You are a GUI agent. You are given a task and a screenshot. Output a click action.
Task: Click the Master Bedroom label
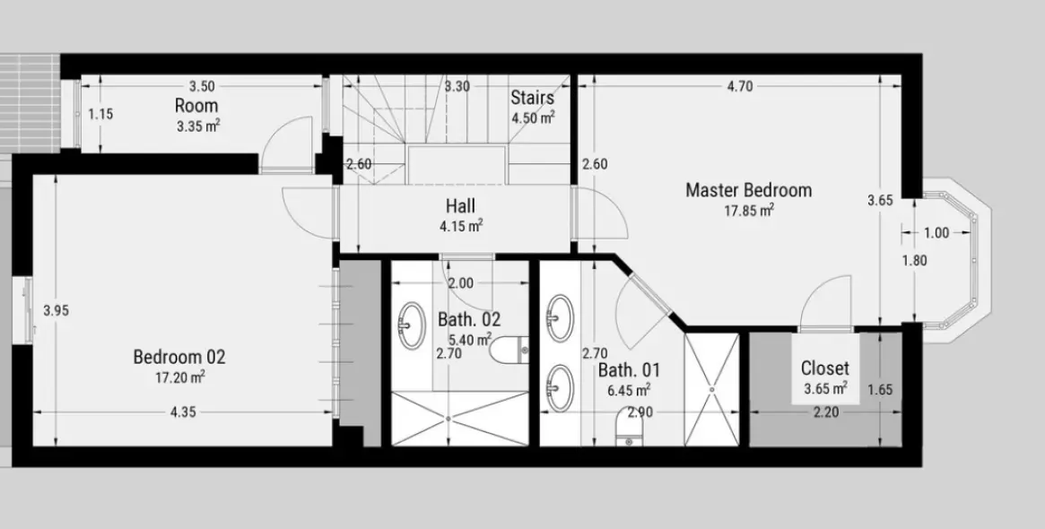click(x=748, y=190)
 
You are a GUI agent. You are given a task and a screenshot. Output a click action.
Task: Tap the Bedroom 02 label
click(x=179, y=357)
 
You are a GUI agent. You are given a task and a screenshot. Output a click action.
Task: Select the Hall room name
click(x=460, y=206)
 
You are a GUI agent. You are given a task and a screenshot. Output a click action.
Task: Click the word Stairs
click(x=532, y=98)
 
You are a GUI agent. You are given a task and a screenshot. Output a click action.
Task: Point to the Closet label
click(x=825, y=368)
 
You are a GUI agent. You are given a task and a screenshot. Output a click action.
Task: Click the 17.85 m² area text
click(x=749, y=211)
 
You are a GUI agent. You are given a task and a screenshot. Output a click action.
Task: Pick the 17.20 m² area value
click(x=179, y=377)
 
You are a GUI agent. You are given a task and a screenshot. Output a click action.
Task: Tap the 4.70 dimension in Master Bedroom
click(x=740, y=86)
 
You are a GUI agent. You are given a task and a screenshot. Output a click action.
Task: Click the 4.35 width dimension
click(x=183, y=412)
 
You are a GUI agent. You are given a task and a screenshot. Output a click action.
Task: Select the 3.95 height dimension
click(x=56, y=310)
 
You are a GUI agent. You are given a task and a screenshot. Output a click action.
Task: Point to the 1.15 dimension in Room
click(x=100, y=114)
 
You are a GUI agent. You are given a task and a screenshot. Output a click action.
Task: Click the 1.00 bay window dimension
click(x=936, y=233)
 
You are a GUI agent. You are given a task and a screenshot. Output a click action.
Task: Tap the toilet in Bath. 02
click(x=509, y=349)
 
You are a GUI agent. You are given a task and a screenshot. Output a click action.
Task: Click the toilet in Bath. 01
click(x=629, y=427)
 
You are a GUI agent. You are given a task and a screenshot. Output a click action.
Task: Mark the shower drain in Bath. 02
click(x=448, y=419)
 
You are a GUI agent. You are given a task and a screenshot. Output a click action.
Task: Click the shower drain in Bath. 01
click(x=712, y=389)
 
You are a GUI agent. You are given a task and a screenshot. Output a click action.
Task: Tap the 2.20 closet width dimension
click(x=825, y=412)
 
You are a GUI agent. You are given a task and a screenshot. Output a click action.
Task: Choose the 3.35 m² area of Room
click(x=198, y=126)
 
